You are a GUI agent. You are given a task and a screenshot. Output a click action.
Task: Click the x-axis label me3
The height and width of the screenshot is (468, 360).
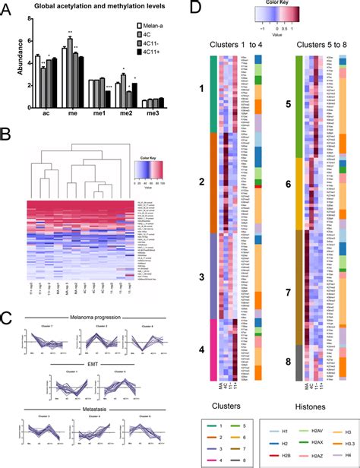pyautogui.click(x=154, y=115)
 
